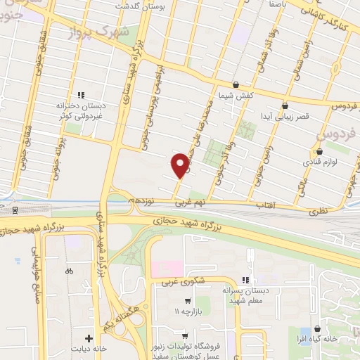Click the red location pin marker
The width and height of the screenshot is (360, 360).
[180, 165]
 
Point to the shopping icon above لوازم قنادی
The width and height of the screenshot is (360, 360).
[320, 151]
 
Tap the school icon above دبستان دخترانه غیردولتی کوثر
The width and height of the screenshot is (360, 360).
[81, 94]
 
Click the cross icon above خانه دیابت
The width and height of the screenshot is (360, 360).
[89, 338]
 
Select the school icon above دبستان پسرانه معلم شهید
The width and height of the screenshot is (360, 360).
[245, 280]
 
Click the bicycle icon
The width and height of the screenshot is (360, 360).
[69, 271]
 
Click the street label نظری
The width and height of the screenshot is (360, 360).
[319, 210]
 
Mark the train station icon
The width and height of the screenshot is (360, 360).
[15, 210]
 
